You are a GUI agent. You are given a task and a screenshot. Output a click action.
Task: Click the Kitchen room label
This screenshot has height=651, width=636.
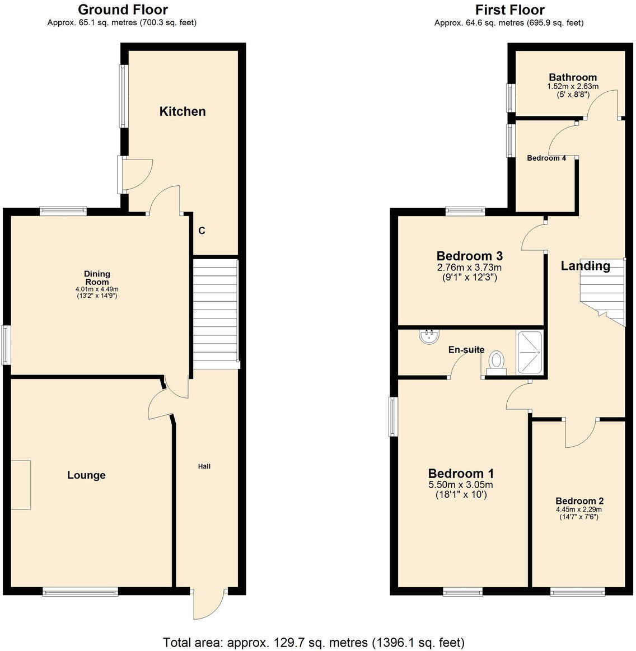point(183,111)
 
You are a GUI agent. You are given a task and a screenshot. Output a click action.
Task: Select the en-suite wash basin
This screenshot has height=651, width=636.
point(429,337)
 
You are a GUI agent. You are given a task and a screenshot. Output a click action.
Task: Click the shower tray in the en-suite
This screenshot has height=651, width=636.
point(529,352)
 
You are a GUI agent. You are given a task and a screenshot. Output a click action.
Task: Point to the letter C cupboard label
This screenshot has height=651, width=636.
point(202,231)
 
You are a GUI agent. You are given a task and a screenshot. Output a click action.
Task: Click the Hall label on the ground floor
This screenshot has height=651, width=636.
point(204,466)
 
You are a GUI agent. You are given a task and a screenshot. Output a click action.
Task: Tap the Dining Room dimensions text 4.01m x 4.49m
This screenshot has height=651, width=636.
point(97,289)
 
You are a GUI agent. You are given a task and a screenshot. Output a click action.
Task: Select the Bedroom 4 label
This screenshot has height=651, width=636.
point(546,158)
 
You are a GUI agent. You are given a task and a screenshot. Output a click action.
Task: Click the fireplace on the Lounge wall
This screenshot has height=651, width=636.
point(21,485)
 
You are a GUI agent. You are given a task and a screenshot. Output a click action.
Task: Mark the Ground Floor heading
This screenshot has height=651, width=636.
point(123,10)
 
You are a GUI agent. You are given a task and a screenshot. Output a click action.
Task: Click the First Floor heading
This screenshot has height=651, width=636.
point(509,10)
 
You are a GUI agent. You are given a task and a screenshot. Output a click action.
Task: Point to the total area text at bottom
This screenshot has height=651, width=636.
point(314,641)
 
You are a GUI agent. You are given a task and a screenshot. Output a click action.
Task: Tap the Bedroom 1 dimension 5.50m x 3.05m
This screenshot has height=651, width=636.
point(461,485)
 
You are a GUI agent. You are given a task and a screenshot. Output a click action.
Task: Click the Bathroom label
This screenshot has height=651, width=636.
point(572,77)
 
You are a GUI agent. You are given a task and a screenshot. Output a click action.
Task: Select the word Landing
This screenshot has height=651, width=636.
point(585,266)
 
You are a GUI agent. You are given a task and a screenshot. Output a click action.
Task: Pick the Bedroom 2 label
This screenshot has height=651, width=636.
point(579,501)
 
